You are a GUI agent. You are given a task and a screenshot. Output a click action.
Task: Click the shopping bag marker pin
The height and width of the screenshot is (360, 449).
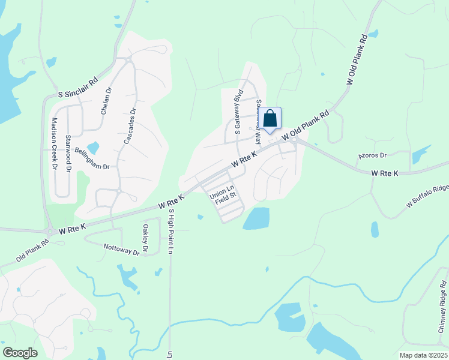[x=270, y=118]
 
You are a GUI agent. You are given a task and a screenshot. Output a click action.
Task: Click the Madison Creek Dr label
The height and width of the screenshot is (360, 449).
[x=53, y=143]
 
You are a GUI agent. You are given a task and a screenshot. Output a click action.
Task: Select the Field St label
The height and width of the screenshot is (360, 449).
[x=227, y=196]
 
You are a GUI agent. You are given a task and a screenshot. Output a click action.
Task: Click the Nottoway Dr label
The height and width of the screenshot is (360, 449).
[x=121, y=249]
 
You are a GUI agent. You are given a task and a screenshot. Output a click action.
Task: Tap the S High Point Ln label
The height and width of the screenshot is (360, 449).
[x=170, y=232]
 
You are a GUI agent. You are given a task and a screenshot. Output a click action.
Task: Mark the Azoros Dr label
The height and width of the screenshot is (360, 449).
[x=372, y=155]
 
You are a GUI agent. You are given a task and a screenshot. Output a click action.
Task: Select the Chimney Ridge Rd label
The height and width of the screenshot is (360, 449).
[x=443, y=304]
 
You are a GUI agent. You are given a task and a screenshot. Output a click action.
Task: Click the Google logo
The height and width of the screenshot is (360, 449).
[x=20, y=353]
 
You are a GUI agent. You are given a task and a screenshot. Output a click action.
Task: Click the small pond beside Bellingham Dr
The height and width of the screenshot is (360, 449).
[x=93, y=148]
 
